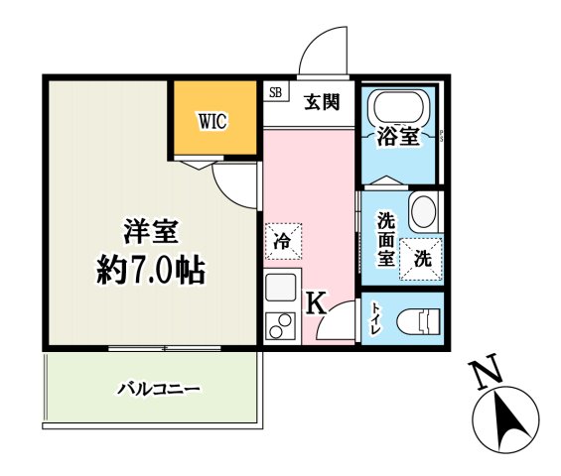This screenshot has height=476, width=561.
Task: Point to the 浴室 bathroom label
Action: pos(397,138)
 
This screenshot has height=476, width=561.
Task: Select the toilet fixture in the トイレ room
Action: pos(418,321)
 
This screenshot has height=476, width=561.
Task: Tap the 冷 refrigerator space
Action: pos(281,239)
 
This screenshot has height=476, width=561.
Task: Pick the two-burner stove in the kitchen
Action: pos(279,326)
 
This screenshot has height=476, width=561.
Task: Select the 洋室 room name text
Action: pos(151,231)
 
